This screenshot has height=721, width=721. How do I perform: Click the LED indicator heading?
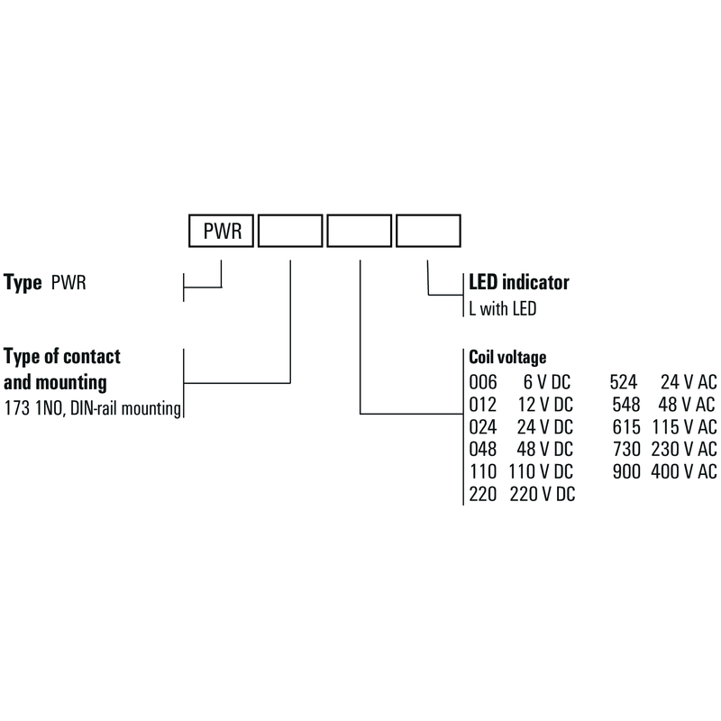(519, 282)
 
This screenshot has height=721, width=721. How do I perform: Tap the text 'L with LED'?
(503, 308)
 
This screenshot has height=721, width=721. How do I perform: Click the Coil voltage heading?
(507, 357)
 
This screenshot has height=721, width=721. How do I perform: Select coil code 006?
(483, 382)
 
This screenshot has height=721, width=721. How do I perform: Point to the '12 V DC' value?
(545, 405)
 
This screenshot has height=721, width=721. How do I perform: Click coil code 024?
(483, 427)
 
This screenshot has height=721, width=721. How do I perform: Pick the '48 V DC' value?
(545, 449)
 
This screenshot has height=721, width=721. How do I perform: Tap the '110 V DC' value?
(541, 471)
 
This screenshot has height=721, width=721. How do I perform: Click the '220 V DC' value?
(543, 494)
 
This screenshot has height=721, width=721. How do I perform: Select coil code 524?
(624, 382)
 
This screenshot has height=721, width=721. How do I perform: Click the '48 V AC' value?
(687, 405)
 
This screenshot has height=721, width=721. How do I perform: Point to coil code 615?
(626, 427)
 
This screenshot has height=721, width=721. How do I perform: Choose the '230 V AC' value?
(684, 449)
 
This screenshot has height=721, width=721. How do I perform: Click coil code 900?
(626, 471)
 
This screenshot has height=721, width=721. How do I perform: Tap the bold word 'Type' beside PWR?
(23, 283)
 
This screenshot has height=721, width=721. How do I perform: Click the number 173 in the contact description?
(17, 408)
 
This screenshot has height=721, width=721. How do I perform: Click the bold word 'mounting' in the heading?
(71, 382)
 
